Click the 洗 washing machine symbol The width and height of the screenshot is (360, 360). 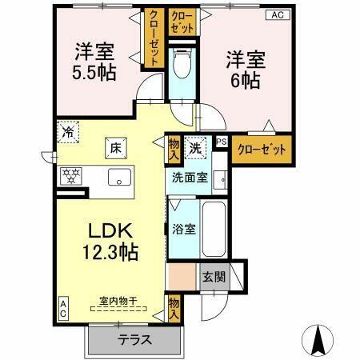tap(195, 147)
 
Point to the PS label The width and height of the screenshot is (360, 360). tap(222, 143)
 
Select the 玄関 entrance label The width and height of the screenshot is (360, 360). tap(214, 277)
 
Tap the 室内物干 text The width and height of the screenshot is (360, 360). tap(118, 302)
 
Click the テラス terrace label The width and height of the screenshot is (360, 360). tap(135, 338)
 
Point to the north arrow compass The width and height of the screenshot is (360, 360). tap(318, 339)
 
